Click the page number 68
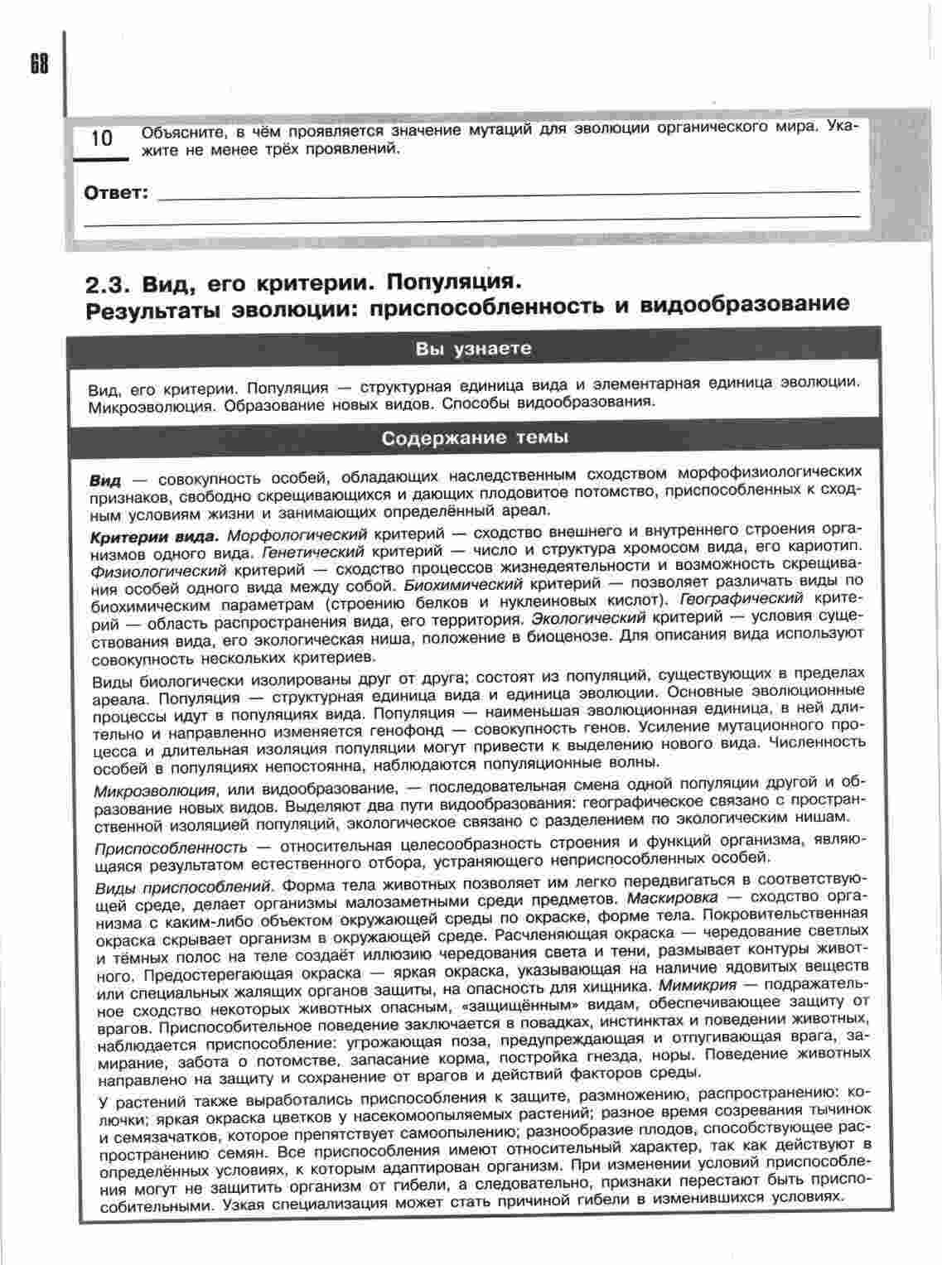tap(39, 65)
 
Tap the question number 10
tap(102, 138)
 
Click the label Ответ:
tap(116, 195)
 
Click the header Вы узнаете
tap(473, 349)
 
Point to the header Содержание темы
tap(475, 437)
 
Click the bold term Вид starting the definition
tap(105, 480)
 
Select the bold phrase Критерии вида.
tap(154, 536)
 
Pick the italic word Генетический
tap(312, 551)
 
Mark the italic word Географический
tap(741, 598)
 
